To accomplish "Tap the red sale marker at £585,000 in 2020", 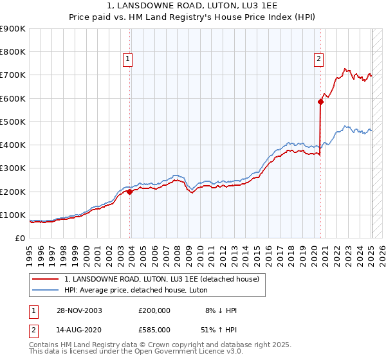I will (x=320, y=102).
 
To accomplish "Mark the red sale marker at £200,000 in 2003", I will (x=130, y=191).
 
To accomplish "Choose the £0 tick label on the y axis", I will (x=19, y=239).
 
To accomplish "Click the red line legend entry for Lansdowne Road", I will (x=161, y=279).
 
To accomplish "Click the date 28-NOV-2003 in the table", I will (x=80, y=310).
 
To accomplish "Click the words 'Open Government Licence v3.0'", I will (x=182, y=352).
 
